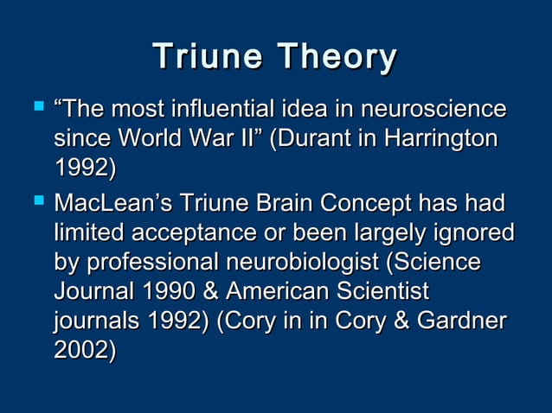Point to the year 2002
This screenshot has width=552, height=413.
84,349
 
